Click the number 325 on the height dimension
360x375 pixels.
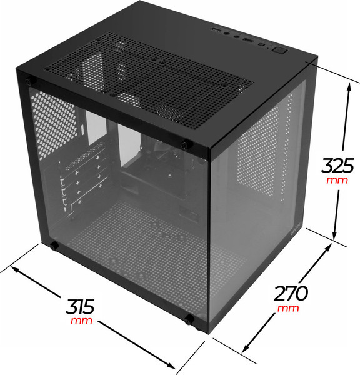(337, 165)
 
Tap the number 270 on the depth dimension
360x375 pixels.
(291, 294)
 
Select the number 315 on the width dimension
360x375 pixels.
(80, 307)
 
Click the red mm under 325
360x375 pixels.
(337, 180)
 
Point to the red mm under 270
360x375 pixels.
(288, 308)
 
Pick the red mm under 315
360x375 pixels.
(81, 320)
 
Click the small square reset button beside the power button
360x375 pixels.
(262, 45)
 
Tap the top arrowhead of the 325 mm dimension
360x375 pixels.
(349, 87)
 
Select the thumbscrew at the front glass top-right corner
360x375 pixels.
(186, 145)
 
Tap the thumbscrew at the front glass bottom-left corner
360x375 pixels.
(54, 246)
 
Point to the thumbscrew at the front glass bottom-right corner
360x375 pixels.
(189, 319)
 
